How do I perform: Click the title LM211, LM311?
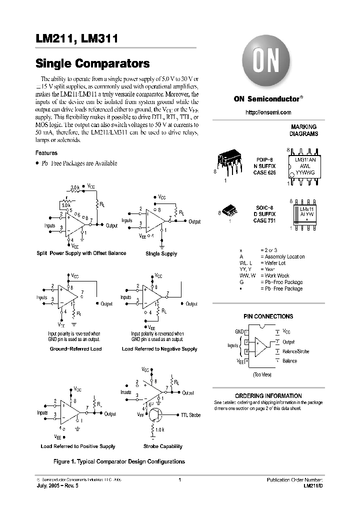(76, 38)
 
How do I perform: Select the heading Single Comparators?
(92, 64)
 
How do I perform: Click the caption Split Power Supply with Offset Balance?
(81, 253)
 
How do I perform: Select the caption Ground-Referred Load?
(75, 349)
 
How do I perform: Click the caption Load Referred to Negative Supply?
(159, 349)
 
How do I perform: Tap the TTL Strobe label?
(190, 415)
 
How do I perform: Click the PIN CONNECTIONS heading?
(268, 316)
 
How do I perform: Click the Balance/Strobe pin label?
(295, 351)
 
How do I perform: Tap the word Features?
(46, 153)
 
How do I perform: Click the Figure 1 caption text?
(119, 461)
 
